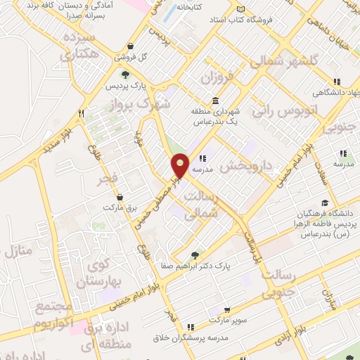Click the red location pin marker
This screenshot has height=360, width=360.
click(181, 165)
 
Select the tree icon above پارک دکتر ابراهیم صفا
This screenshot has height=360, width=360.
click(195, 255)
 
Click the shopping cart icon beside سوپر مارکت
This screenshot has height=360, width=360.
click(227, 310)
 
